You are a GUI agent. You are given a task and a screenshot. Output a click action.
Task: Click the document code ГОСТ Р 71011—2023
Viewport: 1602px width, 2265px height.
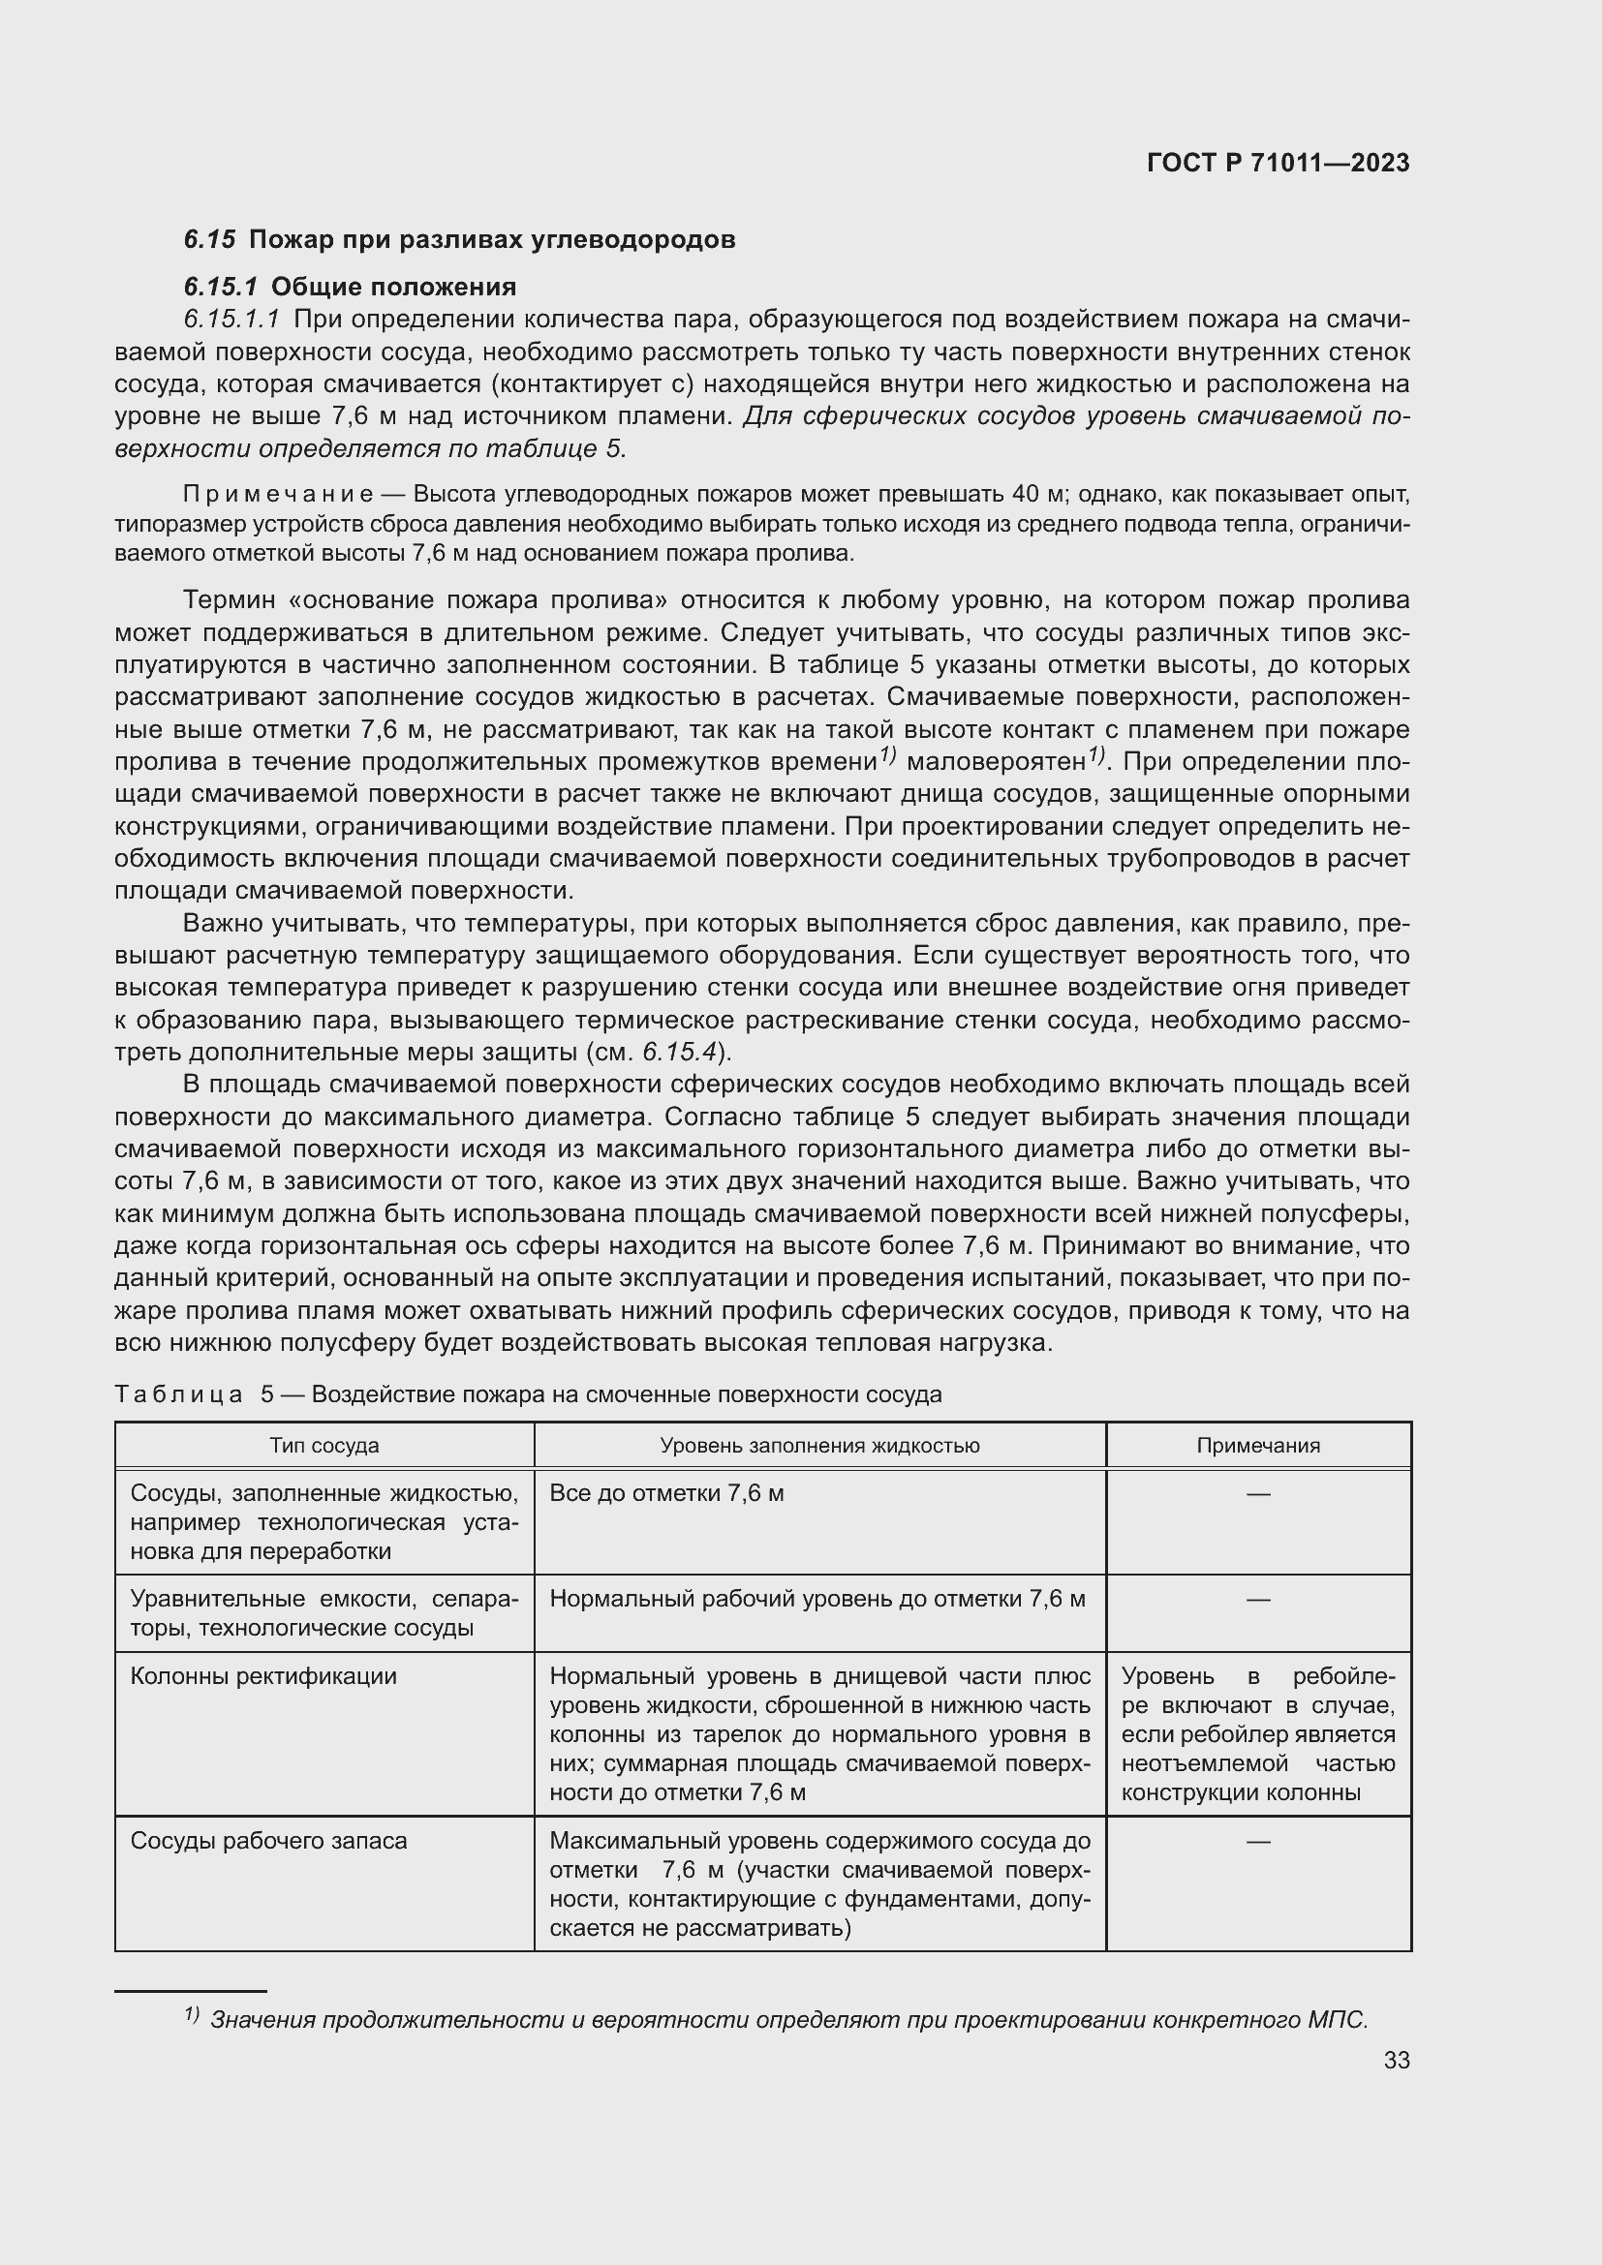1279,163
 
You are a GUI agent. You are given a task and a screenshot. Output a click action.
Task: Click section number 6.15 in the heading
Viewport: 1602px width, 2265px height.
209,240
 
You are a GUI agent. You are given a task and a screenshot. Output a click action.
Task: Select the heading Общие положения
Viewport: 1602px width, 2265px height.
392,287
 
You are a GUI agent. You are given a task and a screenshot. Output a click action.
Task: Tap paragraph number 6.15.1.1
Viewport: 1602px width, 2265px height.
231,319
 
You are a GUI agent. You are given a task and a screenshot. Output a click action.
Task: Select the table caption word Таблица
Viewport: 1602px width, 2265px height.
178,1393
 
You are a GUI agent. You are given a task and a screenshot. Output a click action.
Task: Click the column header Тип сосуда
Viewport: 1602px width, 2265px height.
323,1445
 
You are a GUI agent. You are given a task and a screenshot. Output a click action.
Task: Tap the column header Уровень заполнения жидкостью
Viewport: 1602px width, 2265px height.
818,1445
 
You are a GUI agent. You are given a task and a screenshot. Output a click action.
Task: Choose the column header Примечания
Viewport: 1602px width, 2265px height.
1258,1445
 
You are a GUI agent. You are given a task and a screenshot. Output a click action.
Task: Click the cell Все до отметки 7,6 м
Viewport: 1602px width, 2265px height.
665,1493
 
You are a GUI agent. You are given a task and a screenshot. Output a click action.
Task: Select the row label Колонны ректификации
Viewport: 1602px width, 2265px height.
262,1676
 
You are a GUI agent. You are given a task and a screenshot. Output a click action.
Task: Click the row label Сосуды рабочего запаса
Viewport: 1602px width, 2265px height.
268,1841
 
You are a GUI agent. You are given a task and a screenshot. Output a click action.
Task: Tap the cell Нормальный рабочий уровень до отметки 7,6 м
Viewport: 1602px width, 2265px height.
816,1599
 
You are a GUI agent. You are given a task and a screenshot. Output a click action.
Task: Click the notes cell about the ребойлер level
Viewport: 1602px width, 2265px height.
1258,1733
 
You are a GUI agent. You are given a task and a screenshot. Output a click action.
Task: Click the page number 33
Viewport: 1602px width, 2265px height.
1396,2060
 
